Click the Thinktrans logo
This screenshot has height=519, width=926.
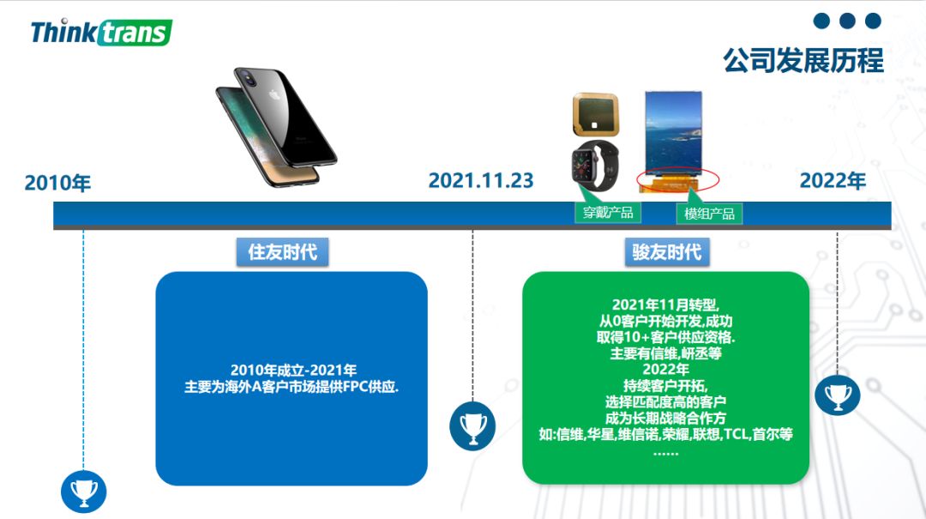tap(101, 33)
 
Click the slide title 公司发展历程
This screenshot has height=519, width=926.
tap(803, 60)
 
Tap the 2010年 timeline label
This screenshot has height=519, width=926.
tap(57, 183)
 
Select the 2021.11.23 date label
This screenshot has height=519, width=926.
tap(480, 181)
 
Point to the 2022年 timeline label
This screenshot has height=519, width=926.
tap(833, 181)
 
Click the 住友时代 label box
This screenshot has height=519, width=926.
tap(282, 252)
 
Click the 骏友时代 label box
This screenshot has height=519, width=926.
tap(666, 252)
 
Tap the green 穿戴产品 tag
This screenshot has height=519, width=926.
tap(607, 213)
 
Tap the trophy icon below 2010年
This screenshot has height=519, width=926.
tap(83, 492)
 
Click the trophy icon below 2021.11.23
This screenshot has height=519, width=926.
tap(472, 425)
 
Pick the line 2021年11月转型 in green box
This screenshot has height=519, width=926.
tap(665, 305)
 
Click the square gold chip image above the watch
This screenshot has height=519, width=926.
tap(596, 115)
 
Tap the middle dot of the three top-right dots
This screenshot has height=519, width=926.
tap(847, 21)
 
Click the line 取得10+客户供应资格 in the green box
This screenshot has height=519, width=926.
tap(665, 337)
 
